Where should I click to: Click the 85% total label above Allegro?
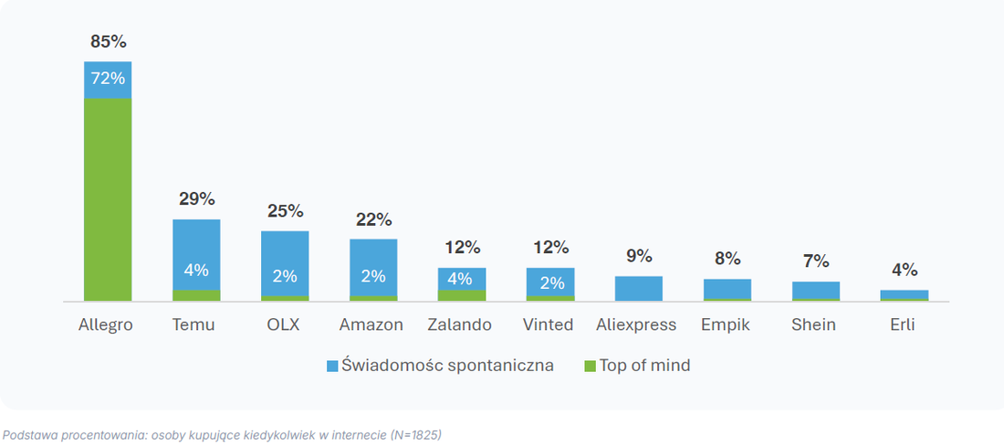point(109,42)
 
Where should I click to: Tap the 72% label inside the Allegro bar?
point(109,79)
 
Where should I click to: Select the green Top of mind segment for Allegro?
point(108,199)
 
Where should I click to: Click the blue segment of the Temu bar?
point(196,255)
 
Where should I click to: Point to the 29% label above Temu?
point(196,198)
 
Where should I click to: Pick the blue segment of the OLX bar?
point(285,263)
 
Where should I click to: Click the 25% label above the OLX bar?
point(285,211)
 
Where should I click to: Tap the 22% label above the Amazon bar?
point(373,219)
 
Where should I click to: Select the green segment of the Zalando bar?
point(462,295)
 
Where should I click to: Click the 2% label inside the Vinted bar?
point(550,282)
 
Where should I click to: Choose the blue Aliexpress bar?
point(639,289)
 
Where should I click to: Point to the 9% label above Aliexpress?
point(639,256)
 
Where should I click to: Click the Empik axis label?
point(727,325)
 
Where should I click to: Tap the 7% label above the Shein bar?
point(816,261)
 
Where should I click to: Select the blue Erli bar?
point(905,294)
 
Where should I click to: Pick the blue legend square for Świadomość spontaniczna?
point(332,367)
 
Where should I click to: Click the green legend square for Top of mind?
point(591,367)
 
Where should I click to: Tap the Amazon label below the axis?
point(371,325)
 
